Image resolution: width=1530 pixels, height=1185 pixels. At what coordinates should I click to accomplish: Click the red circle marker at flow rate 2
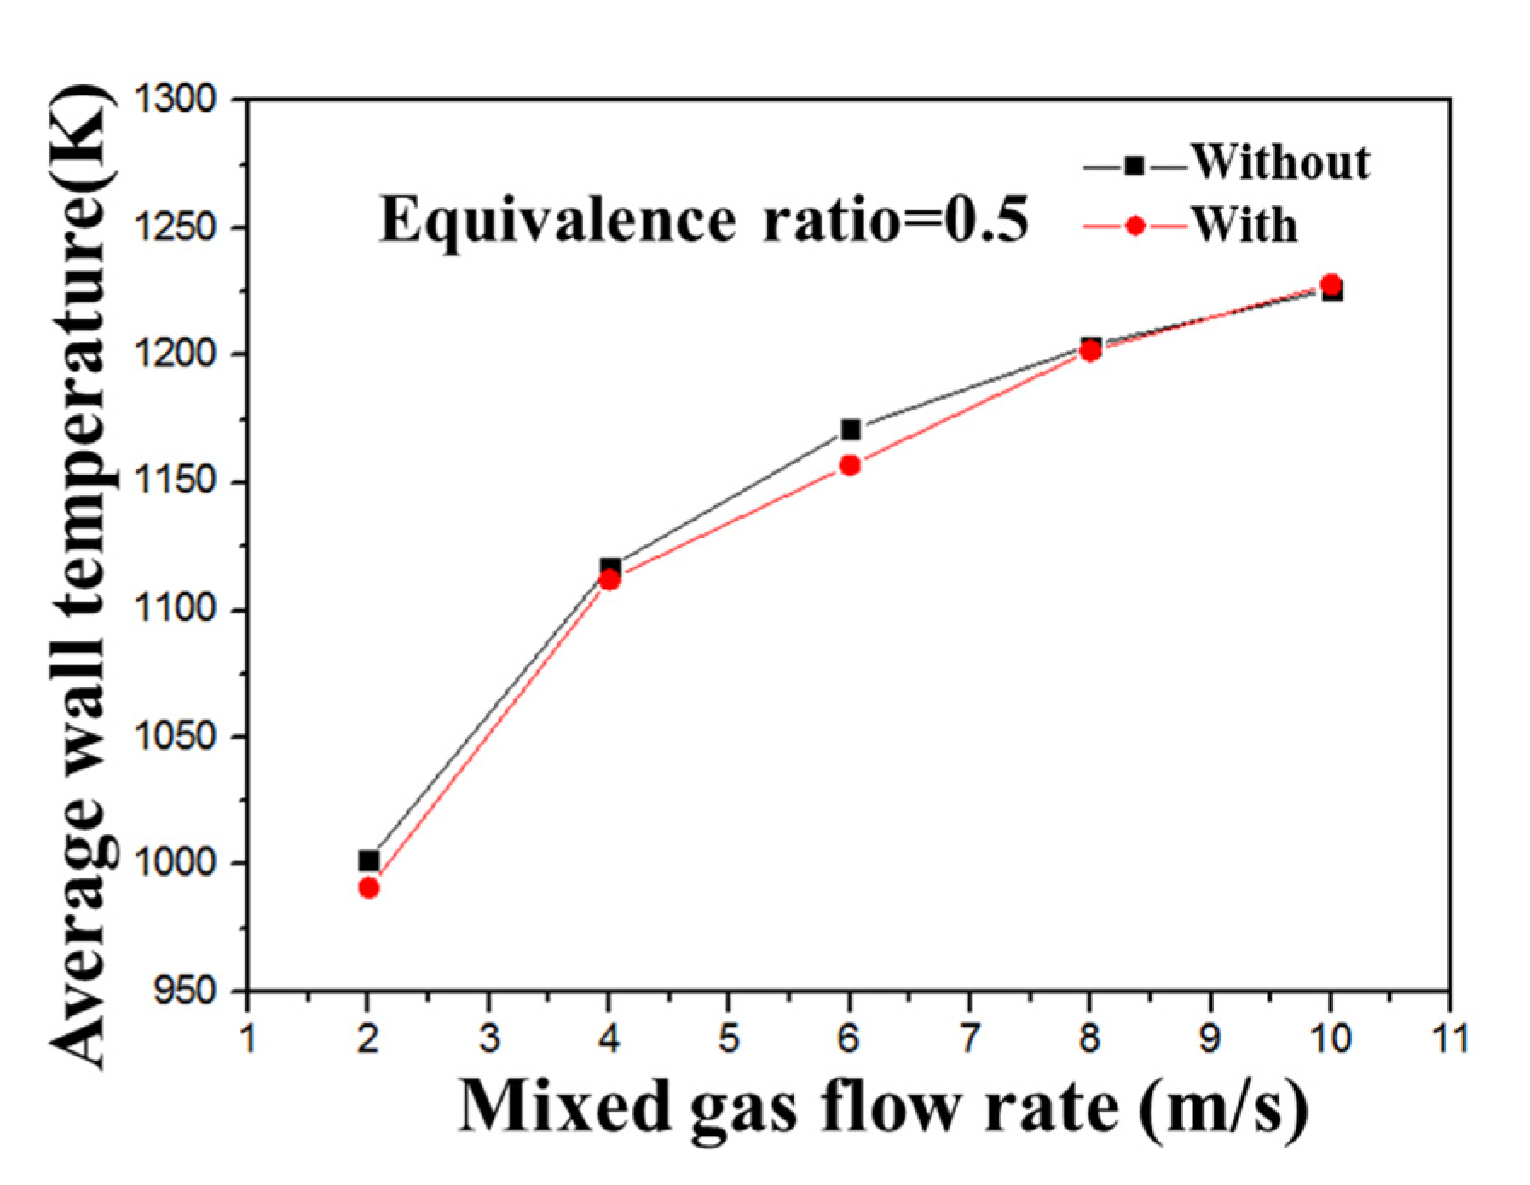tap(368, 888)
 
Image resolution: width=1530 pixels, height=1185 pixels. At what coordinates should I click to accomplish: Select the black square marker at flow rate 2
tap(368, 860)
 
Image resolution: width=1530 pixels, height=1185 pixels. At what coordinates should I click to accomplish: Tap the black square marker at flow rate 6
tap(850, 429)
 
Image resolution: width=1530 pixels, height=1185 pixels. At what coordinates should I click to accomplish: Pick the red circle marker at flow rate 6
tap(850, 465)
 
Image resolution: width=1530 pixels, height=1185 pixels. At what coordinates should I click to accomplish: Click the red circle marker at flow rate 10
tap(1330, 285)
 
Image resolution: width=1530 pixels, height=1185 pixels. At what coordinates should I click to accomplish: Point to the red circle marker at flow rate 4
tap(609, 580)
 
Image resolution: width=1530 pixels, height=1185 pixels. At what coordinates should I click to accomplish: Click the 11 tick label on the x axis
tap(1450, 1038)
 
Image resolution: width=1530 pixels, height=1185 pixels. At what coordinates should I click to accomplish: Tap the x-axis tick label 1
tap(247, 1038)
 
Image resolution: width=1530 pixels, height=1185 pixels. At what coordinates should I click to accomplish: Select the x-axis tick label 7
tap(969, 1038)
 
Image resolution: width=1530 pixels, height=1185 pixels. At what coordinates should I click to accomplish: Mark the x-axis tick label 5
tap(729, 1038)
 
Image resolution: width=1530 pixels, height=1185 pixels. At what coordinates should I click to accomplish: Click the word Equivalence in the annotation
tap(557, 221)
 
